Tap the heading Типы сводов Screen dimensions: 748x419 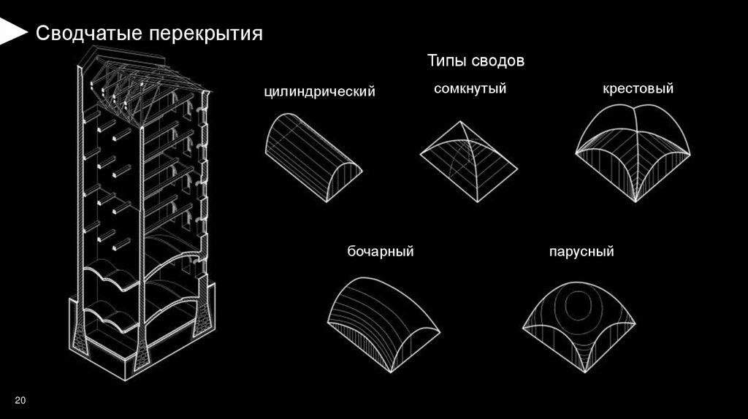476,61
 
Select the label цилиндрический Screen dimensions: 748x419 319,92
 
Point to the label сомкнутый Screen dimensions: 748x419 470,88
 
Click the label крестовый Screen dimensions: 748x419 638,88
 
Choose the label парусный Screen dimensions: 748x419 581,252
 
